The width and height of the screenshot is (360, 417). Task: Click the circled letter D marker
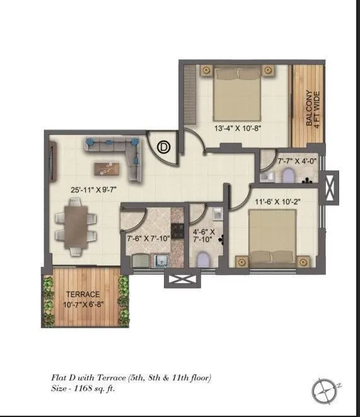click(x=164, y=147)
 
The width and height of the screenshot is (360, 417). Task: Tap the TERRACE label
click(x=83, y=294)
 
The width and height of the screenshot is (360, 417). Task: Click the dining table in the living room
click(x=76, y=225)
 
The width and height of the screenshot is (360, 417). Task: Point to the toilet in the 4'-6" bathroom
click(x=203, y=259)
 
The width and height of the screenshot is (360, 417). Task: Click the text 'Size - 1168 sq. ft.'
click(x=83, y=389)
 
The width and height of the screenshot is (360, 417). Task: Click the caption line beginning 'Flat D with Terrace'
click(x=131, y=377)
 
